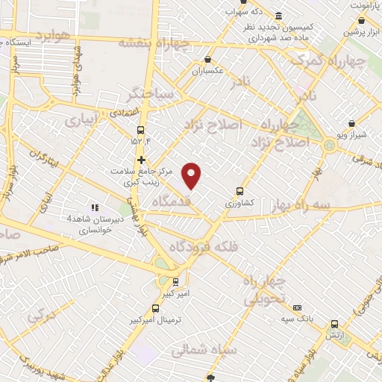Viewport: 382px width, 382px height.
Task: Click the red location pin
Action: pos(192,175)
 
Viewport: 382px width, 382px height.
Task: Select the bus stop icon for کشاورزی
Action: pos(239,191)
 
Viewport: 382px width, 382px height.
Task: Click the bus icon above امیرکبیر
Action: pos(175,281)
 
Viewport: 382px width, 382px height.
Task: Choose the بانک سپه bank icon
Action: pos(297,307)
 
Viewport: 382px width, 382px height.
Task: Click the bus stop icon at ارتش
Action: pos(334,325)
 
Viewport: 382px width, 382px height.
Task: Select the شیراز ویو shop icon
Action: pos(351,124)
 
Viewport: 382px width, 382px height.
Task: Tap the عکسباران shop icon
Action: pos(208,60)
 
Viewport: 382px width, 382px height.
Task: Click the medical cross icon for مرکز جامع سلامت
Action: pos(140,160)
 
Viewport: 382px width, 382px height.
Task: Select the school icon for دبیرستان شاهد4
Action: pos(95,207)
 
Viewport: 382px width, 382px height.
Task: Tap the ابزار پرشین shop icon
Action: pos(351,23)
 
